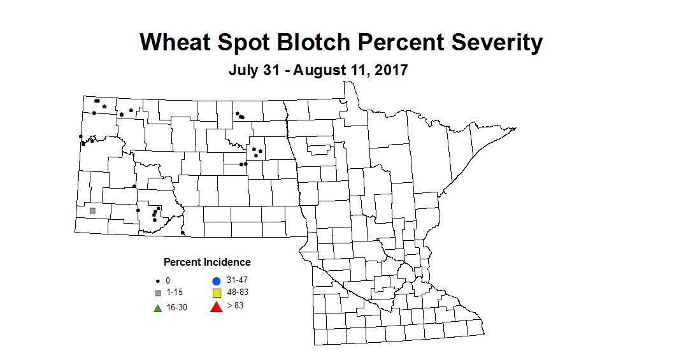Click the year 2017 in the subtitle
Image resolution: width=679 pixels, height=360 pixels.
pyautogui.click(x=388, y=70)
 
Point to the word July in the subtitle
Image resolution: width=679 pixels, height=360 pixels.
pyautogui.click(x=244, y=70)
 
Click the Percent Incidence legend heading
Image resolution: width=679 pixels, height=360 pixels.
pyautogui.click(x=207, y=262)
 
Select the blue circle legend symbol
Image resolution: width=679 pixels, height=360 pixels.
pyautogui.click(x=216, y=281)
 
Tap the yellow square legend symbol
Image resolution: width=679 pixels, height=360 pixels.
pyautogui.click(x=216, y=293)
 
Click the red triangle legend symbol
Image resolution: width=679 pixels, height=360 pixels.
pyautogui.click(x=216, y=307)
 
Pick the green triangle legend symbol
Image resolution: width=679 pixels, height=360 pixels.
pyautogui.click(x=157, y=308)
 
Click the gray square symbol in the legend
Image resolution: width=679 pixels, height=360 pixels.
pyautogui.click(x=157, y=293)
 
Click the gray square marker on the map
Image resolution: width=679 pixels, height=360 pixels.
pyautogui.click(x=92, y=210)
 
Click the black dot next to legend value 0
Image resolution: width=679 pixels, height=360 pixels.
pyautogui.click(x=157, y=281)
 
